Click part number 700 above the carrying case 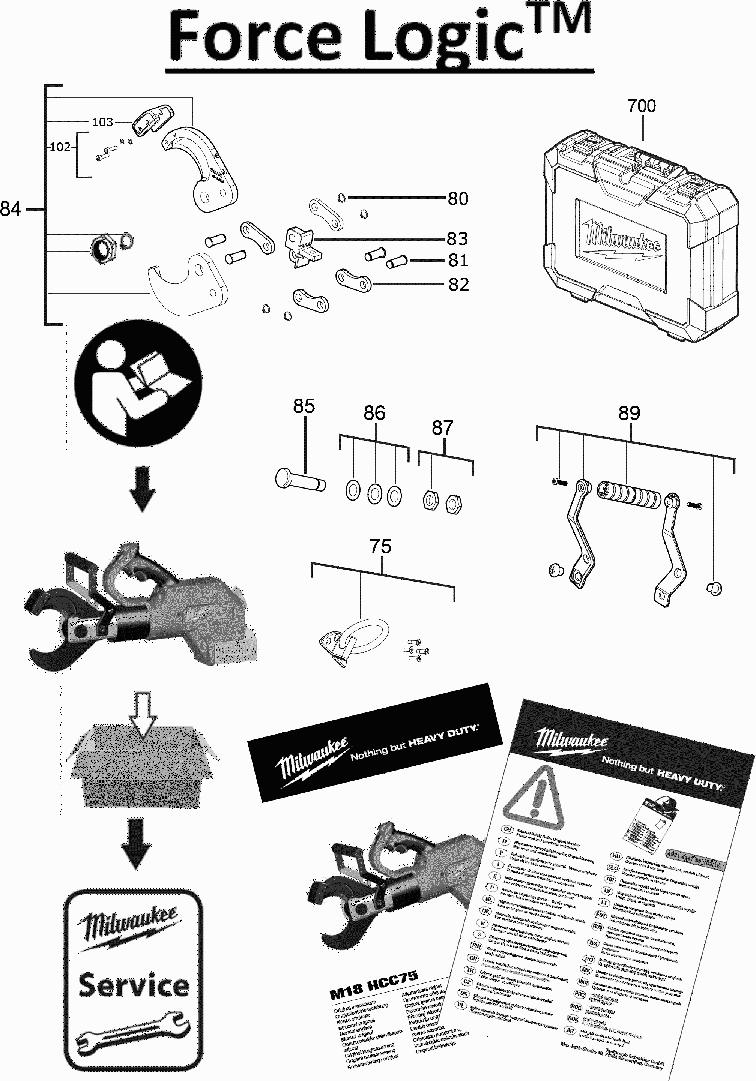click(641, 106)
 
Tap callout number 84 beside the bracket click(11, 209)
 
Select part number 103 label click(102, 122)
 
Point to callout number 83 click(457, 239)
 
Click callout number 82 click(458, 284)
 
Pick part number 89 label click(629, 413)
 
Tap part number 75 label click(380, 547)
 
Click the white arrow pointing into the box click(143, 714)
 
